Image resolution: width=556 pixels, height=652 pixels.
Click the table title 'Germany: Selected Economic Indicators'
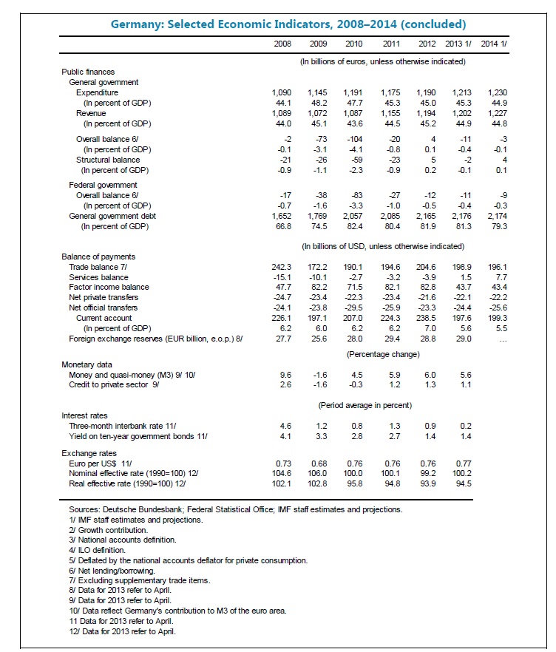tap(278, 24)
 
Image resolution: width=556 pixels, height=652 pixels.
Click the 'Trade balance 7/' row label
tap(102, 265)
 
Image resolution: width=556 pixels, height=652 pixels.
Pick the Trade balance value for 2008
tap(284, 265)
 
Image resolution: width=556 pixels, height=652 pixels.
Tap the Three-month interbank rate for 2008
tap(287, 426)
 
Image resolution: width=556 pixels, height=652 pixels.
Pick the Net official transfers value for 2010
tap(353, 307)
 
